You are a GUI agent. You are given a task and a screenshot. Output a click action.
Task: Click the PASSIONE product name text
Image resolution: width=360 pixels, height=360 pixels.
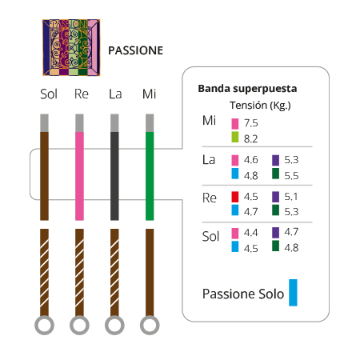pos(135,50)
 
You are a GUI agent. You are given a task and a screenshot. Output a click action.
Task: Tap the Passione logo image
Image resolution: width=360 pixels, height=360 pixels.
pos(71,47)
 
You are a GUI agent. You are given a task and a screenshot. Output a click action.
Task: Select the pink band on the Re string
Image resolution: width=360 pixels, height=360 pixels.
pos(79,176)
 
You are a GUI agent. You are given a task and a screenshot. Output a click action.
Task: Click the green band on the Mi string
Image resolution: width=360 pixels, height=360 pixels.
pos(150,176)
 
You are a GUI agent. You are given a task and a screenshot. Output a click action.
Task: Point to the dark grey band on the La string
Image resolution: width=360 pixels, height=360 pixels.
pos(114,176)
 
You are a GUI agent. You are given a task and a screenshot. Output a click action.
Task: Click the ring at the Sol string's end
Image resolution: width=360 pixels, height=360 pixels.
pos(44,317)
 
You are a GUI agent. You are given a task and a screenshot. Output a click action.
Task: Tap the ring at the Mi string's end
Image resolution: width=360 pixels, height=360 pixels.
pos(150,317)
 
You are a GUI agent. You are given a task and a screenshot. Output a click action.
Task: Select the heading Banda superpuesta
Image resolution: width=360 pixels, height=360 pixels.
pos(247,89)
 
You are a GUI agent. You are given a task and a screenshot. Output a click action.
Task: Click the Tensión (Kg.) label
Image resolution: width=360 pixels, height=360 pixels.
pos(260,106)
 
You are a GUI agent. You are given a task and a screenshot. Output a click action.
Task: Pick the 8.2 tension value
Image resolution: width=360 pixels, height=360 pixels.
pos(250,139)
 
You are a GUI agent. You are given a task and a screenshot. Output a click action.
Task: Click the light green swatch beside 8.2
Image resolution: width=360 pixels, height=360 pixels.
pos(235,137)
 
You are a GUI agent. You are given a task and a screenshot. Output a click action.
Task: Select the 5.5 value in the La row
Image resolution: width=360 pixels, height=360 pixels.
pos(291,176)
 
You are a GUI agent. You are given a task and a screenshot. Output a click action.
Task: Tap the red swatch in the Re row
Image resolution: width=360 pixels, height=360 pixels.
pos(235,197)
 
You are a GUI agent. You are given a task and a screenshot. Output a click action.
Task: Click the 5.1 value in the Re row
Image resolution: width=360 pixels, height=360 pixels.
pos(290,197)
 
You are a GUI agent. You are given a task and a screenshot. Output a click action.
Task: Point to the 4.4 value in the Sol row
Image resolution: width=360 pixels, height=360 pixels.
pos(250,233)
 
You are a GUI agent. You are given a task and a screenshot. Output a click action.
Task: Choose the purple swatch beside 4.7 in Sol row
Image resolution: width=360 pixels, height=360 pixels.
pos(275,233)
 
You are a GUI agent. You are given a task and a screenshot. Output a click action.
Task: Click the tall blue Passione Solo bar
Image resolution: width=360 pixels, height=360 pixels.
pos(293,293)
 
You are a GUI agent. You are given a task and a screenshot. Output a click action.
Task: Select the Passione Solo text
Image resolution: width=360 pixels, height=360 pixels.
pos(243,294)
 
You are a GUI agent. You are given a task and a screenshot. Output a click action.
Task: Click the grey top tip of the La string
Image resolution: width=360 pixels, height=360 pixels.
pos(114,123)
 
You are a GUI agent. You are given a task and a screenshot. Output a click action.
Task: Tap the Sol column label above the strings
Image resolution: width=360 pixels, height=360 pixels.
pos(49,94)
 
